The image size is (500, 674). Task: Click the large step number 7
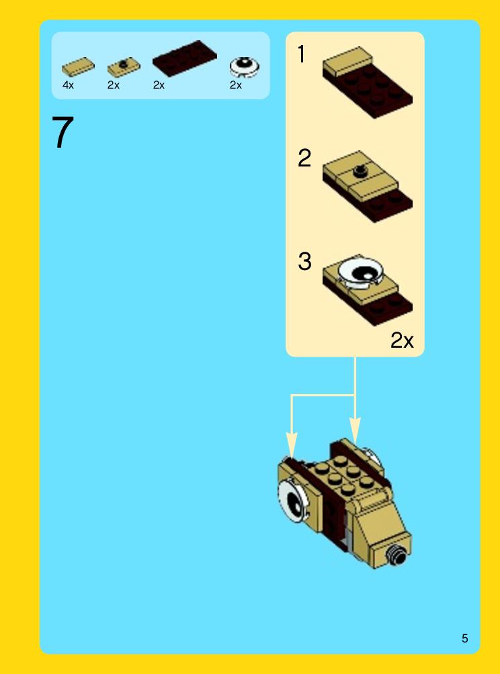(62, 132)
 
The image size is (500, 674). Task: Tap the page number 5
(464, 638)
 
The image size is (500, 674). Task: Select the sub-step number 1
(302, 54)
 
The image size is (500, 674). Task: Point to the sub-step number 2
(304, 158)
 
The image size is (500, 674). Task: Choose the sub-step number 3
(304, 261)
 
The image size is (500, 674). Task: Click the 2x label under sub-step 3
(402, 340)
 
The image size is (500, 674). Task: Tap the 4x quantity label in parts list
(68, 85)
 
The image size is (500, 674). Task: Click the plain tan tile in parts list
(78, 66)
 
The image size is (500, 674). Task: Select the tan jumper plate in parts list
(124, 66)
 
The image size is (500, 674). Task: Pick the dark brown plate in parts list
(185, 58)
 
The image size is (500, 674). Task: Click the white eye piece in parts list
(245, 66)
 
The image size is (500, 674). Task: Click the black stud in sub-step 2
(360, 171)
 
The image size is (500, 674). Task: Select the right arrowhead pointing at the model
(355, 430)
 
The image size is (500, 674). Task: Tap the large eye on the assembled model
(294, 500)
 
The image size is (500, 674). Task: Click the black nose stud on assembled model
(397, 555)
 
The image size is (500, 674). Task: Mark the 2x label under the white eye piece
(236, 85)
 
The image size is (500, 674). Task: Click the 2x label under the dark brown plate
(159, 85)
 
